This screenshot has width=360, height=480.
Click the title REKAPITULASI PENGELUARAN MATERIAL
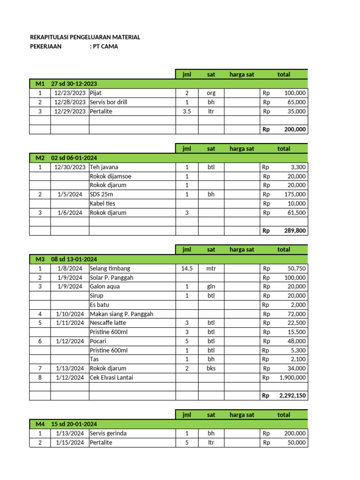tap(85, 37)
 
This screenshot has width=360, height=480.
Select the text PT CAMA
tap(104, 46)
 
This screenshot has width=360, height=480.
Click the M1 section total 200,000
tap(295, 129)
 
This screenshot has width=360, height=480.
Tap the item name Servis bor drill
tap(108, 102)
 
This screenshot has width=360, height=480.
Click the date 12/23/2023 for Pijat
tap(70, 93)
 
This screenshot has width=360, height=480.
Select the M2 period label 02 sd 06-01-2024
tap(74, 158)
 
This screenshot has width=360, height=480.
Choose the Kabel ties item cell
tap(103, 203)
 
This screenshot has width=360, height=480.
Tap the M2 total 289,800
tap(295, 231)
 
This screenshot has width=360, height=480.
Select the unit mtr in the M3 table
tap(211, 269)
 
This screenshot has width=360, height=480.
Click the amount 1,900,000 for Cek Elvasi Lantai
tap(293, 377)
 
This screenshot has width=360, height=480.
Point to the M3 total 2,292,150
tap(292, 396)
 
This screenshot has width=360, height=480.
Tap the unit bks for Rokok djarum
tap(211, 368)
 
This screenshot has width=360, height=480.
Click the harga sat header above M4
tap(242, 415)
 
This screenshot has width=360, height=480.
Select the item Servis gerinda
tap(109, 434)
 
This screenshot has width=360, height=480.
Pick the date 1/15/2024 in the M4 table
tap(70, 442)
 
